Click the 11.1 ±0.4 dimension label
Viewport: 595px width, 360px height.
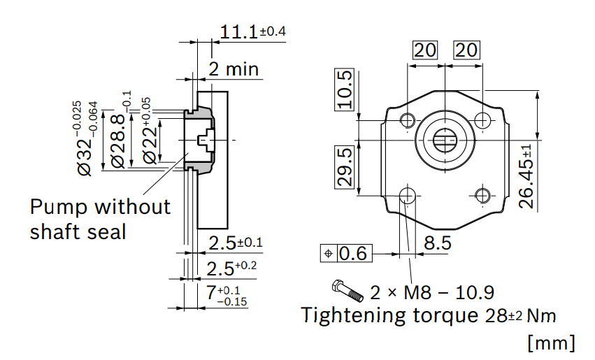(252, 31)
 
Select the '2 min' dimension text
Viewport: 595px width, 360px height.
(234, 69)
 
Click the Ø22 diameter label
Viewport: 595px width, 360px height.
(148, 131)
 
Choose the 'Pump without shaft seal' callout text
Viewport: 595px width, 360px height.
(100, 219)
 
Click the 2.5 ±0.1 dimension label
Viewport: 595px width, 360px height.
(236, 243)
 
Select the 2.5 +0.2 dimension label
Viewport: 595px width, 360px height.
(231, 268)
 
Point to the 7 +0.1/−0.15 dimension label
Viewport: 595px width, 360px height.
(227, 295)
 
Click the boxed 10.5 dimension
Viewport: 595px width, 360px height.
(344, 89)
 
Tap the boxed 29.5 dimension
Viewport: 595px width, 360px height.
(344, 167)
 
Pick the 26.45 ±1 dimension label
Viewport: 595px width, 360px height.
(526, 176)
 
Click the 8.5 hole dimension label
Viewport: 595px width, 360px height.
(438, 243)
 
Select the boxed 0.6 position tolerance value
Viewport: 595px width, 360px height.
(353, 254)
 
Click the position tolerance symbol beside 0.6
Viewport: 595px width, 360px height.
(329, 254)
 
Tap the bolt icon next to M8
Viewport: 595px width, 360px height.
(347, 291)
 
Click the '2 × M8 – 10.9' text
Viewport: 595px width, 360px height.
(432, 292)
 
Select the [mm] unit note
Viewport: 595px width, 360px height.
(552, 343)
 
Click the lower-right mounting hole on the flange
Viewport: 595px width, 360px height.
(482, 196)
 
